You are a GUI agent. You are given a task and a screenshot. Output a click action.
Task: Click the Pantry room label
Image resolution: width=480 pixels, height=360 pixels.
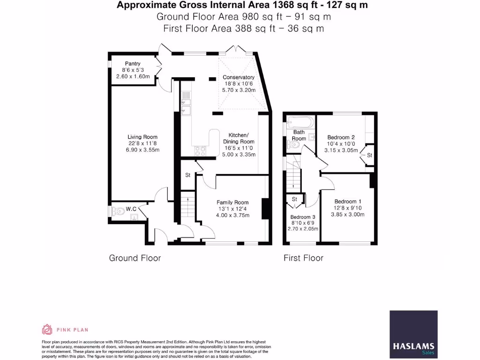tap(132, 64)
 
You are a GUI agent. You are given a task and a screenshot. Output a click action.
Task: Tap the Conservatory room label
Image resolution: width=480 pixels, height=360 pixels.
tap(239, 77)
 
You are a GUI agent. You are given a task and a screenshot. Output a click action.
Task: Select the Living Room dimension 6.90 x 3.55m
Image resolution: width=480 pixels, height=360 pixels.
tap(143, 150)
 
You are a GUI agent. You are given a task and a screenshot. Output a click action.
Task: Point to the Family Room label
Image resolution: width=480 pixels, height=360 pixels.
tap(232, 202)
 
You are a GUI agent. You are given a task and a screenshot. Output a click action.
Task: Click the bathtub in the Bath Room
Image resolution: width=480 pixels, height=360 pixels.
tap(300, 123)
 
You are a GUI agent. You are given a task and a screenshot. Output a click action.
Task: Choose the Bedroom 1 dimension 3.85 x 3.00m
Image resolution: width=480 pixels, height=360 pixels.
tap(349, 214)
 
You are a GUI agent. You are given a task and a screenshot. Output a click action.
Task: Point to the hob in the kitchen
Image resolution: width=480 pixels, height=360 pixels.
tap(201, 151)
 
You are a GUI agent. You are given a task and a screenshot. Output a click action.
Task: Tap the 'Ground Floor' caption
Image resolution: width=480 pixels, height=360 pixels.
tap(135, 258)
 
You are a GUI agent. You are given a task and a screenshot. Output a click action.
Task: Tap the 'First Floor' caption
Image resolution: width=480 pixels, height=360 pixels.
tap(303, 258)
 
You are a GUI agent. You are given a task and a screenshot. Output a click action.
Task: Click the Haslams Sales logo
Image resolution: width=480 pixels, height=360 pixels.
tap(414, 334)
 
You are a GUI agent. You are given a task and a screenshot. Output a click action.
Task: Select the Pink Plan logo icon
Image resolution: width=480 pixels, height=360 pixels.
tap(47, 330)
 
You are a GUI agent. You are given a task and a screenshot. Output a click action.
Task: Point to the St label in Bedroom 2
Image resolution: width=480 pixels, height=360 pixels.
tap(369, 155)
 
